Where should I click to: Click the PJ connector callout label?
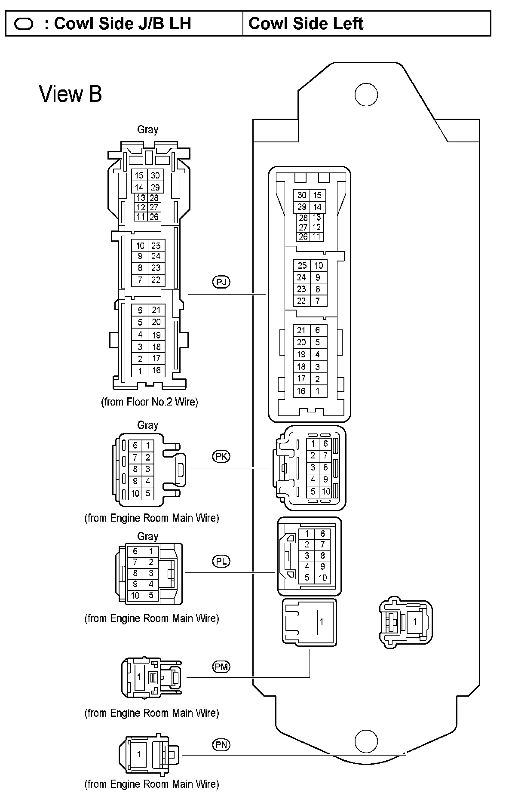click(221, 282)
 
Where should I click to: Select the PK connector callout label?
click(221, 456)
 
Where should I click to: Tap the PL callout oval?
click(221, 561)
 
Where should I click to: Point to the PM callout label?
click(221, 667)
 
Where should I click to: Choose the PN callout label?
click(221, 744)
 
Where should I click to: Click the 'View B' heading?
click(71, 94)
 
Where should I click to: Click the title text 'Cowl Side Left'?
click(306, 24)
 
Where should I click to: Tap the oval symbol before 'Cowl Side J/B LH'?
click(24, 24)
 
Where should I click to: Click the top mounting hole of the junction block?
click(366, 95)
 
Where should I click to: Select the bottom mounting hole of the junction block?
click(366, 741)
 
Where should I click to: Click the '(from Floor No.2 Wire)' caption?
click(149, 402)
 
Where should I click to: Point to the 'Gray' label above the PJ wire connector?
click(147, 129)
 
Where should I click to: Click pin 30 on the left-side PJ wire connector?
click(155, 175)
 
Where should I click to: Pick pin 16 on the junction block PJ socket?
click(301, 391)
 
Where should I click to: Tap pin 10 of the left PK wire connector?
click(135, 493)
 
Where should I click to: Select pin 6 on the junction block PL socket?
click(323, 534)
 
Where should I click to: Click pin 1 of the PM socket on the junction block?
click(321, 622)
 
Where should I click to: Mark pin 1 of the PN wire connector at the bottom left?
click(138, 753)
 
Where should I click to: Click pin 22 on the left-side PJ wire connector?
click(156, 280)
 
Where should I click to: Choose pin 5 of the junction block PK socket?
click(313, 491)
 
